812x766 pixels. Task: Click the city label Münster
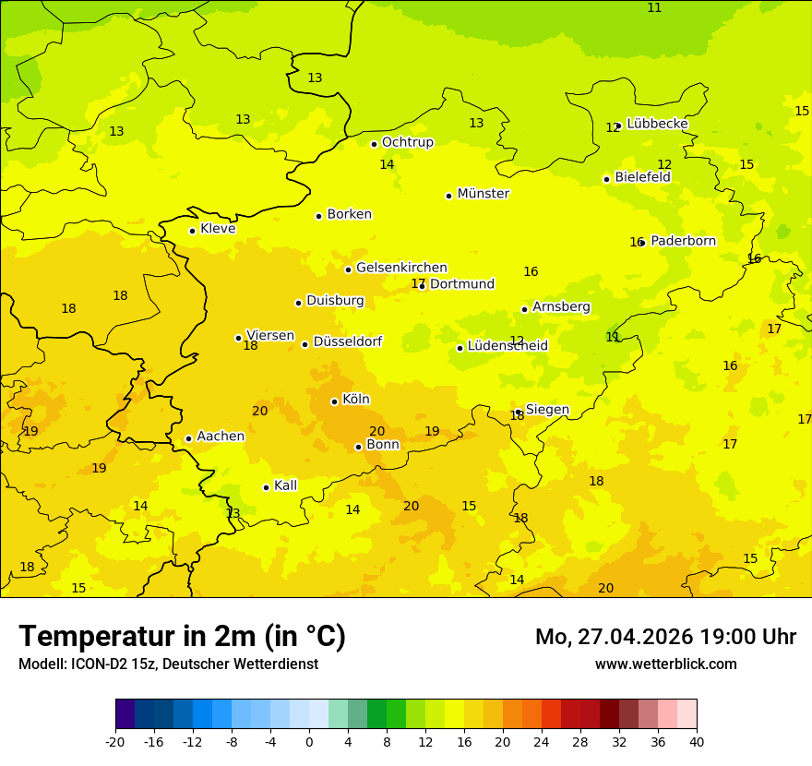point(483,194)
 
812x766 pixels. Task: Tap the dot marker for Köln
point(334,401)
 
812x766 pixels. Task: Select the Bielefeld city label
point(642,177)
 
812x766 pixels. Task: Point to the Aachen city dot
point(188,438)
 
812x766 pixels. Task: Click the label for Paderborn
point(683,241)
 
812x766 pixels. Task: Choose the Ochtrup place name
point(407,142)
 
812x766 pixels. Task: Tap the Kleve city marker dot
point(192,231)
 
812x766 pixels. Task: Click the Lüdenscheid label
point(507,346)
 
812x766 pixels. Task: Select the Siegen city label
point(547,410)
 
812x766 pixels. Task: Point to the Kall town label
point(285,485)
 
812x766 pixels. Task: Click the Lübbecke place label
point(657,124)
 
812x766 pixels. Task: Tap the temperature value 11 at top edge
point(654,7)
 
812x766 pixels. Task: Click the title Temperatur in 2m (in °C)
point(182,636)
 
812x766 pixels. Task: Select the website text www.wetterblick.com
point(665,664)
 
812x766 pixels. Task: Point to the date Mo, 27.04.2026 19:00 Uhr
point(665,637)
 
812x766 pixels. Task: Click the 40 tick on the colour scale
point(697,741)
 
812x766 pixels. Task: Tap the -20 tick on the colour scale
point(115,741)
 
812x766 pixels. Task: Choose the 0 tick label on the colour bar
point(309,741)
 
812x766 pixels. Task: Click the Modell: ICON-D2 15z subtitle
point(168,664)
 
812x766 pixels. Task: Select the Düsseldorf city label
point(347,341)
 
